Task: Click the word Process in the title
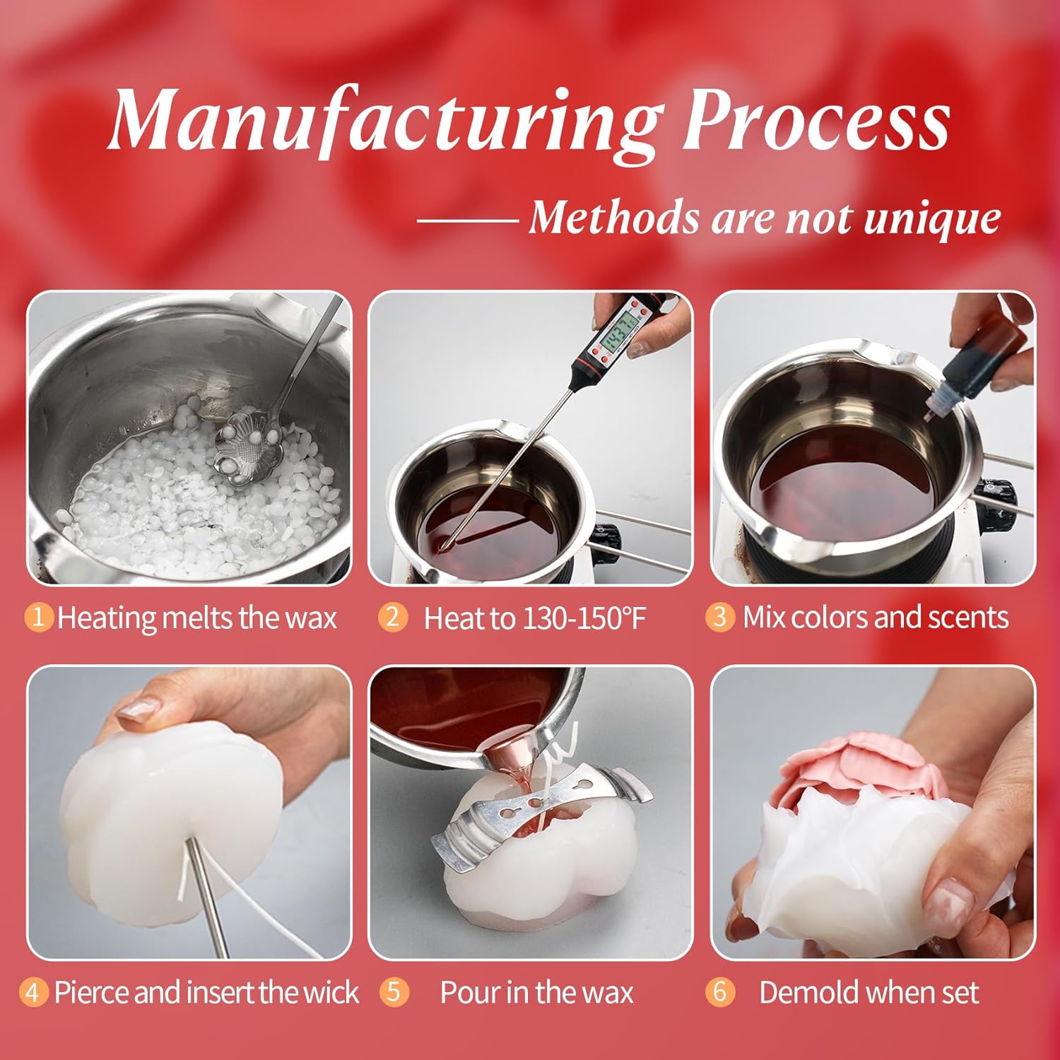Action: [x=816, y=118]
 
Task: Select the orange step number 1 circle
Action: [x=39, y=617]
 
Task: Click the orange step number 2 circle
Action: [x=392, y=617]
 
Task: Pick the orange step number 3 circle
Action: [x=719, y=617]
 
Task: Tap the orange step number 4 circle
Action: [x=33, y=992]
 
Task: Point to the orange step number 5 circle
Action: [x=394, y=991]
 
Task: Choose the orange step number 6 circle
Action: [x=719, y=991]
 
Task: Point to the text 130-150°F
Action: [x=584, y=618]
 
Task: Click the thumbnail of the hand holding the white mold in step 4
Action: [x=189, y=812]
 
